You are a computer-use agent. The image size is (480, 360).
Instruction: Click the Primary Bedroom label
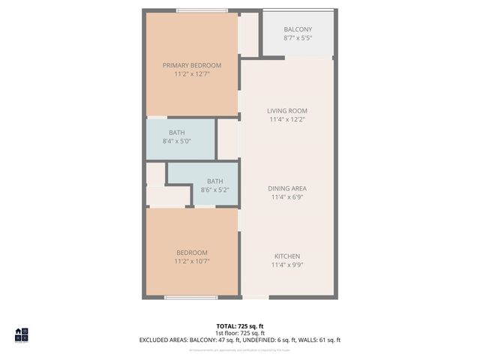coord(192,65)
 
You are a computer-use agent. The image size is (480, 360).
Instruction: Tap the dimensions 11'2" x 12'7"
coord(192,73)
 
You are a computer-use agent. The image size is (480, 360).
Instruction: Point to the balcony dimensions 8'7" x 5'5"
coord(297,37)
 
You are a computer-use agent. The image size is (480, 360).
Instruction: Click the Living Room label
coord(287,110)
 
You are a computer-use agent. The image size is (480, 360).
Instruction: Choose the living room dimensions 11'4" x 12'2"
coord(287,118)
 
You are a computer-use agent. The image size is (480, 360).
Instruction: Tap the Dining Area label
coord(287,188)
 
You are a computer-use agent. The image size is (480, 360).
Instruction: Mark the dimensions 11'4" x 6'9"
coord(287,196)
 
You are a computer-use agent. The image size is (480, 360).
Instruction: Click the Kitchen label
coord(287,256)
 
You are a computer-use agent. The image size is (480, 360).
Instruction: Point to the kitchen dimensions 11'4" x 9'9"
coord(287,264)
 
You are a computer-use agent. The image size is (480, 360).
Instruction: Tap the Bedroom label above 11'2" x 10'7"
coord(192,253)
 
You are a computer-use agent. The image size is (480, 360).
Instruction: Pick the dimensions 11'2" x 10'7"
coord(192,261)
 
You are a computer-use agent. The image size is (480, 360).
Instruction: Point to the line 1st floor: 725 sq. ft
coord(240,333)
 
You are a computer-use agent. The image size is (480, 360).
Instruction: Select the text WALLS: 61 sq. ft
coord(319,340)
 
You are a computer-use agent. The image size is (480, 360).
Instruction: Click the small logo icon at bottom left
coord(21,334)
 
